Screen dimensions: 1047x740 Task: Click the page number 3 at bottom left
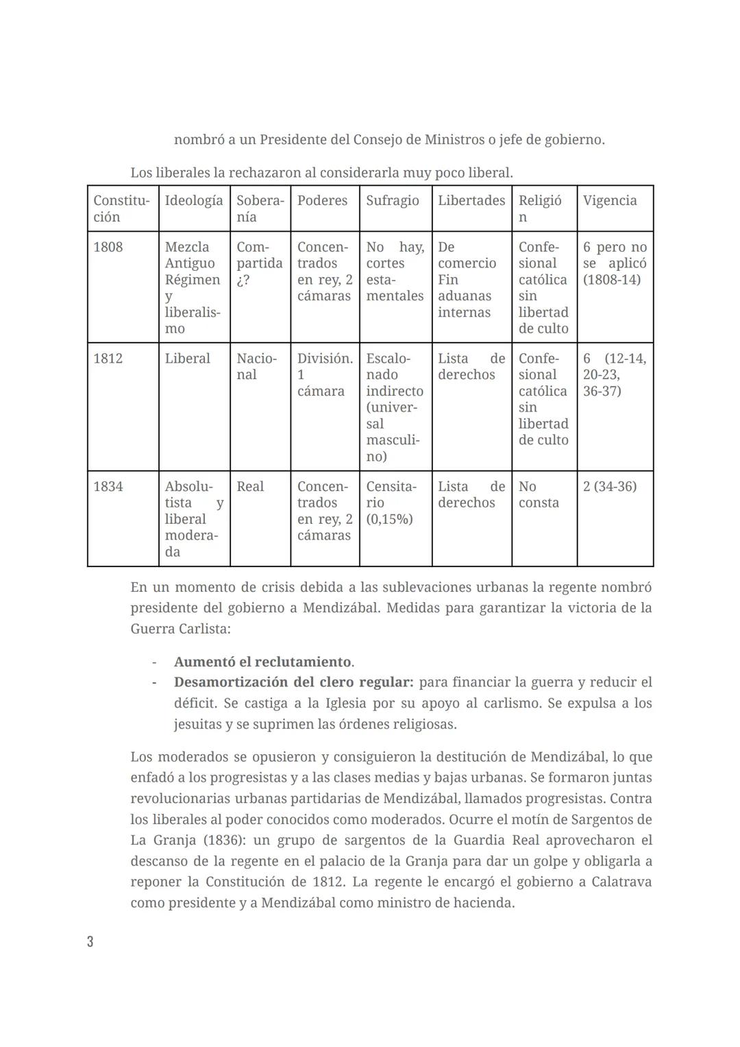(90, 941)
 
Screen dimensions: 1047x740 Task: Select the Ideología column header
(194, 200)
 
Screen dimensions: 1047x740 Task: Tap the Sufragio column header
(392, 200)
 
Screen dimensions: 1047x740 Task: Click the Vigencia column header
(610, 200)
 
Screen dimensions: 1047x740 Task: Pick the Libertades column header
(471, 200)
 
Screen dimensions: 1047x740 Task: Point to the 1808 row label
(108, 247)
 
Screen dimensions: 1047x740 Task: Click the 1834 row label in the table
(108, 486)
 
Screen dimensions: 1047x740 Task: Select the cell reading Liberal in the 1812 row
(187, 359)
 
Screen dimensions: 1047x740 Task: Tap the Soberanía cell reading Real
(250, 486)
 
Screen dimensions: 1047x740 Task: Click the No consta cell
(539, 494)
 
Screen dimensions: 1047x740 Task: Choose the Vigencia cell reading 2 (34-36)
(610, 486)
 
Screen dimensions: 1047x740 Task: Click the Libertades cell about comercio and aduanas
(467, 280)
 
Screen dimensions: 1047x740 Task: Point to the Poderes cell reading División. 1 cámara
(324, 375)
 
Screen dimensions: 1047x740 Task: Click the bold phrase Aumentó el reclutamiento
(262, 662)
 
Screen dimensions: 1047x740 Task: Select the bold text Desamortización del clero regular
(293, 682)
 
